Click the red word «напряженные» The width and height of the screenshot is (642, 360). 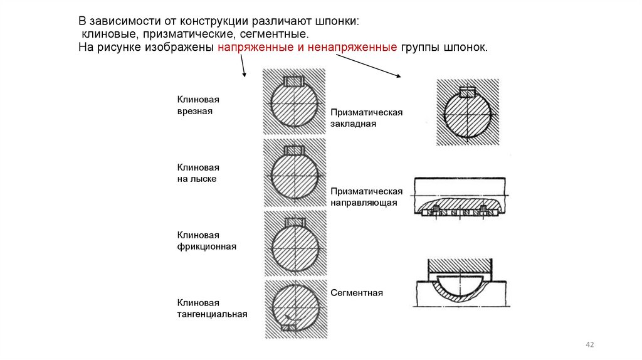click(252, 48)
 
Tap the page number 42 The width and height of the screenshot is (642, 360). click(589, 345)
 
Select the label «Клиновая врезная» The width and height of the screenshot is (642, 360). click(197, 105)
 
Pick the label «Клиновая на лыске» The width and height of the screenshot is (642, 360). click(197, 173)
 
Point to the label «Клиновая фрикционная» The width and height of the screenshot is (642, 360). click(206, 241)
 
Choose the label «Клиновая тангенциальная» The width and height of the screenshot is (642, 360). click(212, 309)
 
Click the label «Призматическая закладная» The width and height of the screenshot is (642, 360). click(366, 118)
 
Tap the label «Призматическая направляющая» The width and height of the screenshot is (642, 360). click(366, 197)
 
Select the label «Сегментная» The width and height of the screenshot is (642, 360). click(357, 293)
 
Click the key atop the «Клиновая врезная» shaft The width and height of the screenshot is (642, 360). click(293, 82)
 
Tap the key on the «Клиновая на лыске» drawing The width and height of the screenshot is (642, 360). click(293, 151)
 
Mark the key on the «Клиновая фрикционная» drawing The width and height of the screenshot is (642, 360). click(293, 222)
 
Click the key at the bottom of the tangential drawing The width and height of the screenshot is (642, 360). click(290, 326)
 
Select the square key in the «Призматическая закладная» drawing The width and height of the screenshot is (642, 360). click(468, 93)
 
